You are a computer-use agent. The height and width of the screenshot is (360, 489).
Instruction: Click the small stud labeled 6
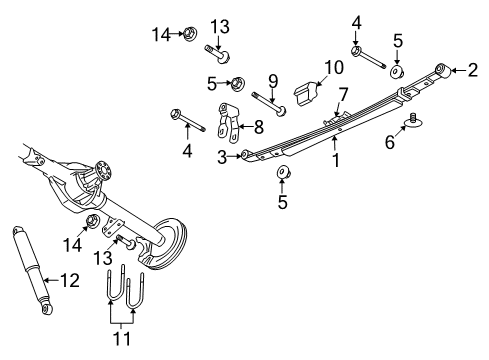[x=411, y=124]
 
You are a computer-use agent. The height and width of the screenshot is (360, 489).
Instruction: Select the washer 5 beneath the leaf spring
[x=283, y=177]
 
